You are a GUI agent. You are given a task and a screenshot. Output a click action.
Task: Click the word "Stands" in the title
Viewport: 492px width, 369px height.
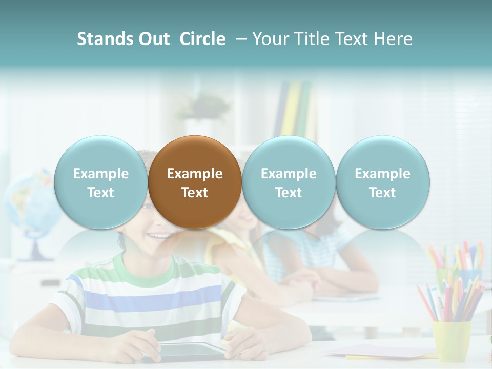104,39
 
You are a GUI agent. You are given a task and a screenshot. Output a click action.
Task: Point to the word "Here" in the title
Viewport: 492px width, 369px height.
394,39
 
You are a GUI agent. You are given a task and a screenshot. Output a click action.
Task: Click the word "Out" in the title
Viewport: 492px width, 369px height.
153,39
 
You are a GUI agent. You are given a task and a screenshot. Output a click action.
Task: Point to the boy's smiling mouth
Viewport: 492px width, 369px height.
160,236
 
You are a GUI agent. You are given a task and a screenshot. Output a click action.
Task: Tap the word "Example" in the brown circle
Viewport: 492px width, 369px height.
194,174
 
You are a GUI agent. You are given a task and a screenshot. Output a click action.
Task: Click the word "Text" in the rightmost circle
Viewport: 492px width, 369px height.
382,193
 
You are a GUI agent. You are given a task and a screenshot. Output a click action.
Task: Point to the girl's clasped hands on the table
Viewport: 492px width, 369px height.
302,279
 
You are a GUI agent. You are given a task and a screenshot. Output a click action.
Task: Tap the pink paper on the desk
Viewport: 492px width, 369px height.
379,351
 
